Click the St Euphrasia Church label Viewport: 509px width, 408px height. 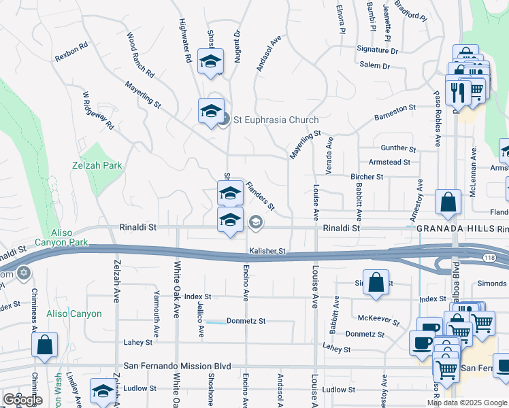click(276, 120)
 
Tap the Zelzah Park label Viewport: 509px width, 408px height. click(97, 165)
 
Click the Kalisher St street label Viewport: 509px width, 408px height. click(266, 251)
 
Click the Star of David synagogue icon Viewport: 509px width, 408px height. click(24, 273)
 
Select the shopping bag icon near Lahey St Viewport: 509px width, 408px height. click(44, 344)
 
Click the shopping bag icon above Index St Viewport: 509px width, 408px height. click(376, 283)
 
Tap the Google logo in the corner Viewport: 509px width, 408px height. click(22, 400)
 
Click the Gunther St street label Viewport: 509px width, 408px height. click(398, 148)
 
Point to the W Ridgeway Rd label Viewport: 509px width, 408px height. click(97, 111)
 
